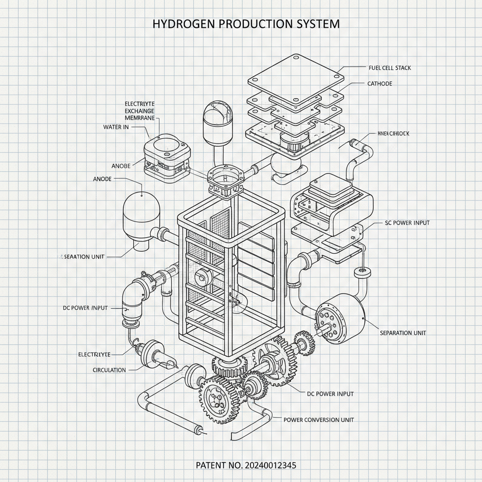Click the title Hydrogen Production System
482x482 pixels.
[246, 24]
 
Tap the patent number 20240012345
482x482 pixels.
[246, 466]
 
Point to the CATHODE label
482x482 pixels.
[379, 84]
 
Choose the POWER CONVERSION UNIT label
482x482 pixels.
[319, 419]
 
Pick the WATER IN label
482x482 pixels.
[116, 127]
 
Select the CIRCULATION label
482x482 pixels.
[109, 370]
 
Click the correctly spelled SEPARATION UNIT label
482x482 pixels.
[403, 333]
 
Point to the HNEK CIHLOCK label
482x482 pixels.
[393, 134]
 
